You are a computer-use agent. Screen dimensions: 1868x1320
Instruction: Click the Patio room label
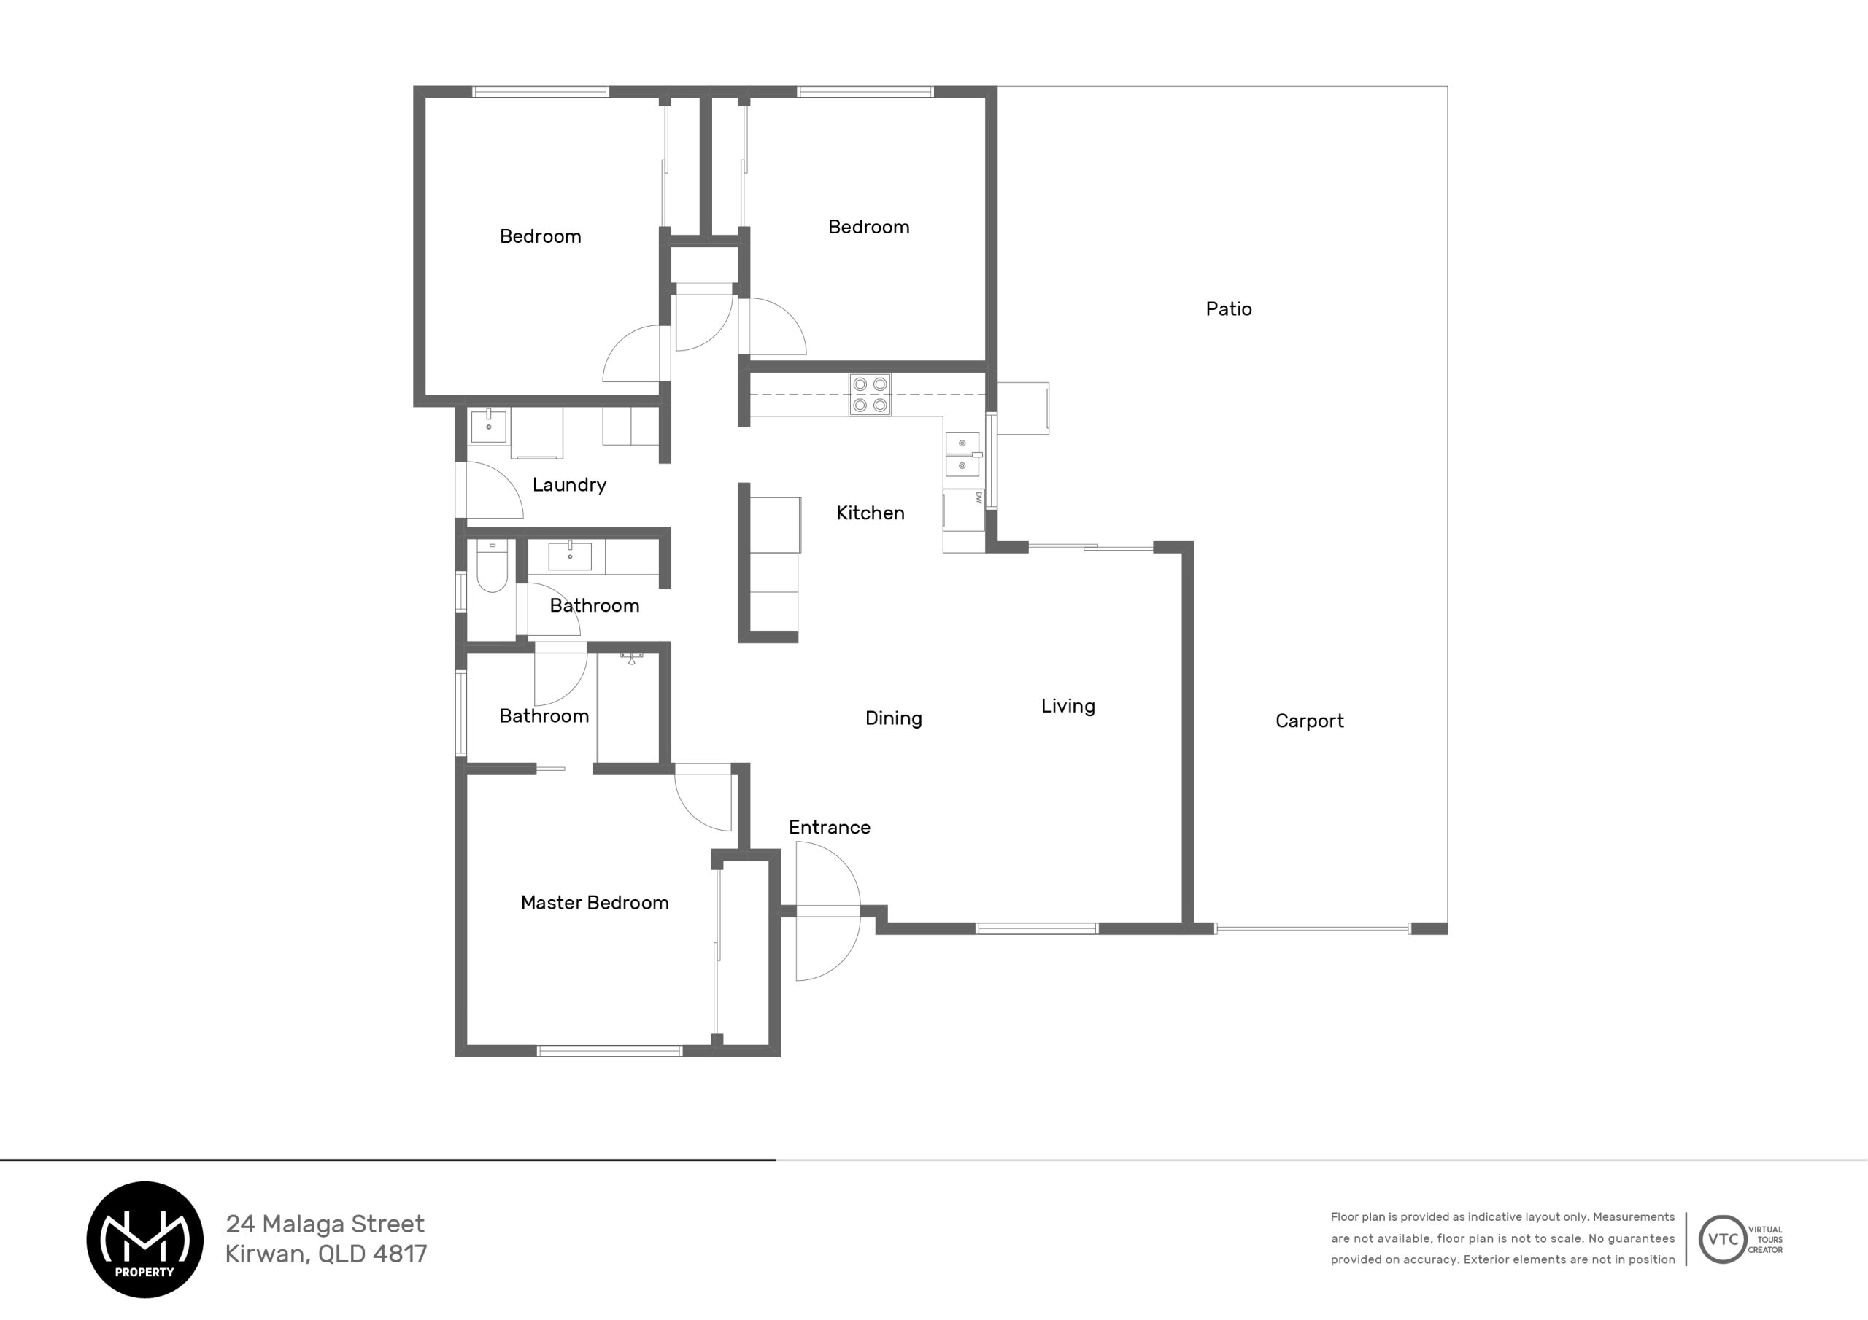[1229, 309]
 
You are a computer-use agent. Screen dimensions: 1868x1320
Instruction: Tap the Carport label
[1309, 721]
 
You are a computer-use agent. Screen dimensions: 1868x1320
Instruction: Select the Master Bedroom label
[595, 903]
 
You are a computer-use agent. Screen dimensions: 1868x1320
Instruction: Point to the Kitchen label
[871, 513]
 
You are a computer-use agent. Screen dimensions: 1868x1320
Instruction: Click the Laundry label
[569, 486]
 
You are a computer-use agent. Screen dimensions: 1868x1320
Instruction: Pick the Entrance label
[830, 827]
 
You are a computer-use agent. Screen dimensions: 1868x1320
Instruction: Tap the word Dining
[893, 719]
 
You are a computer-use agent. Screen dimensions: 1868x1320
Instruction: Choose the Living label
[1068, 706]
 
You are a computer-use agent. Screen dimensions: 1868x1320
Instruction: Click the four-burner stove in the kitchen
[870, 395]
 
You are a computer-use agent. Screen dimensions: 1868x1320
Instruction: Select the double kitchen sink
[962, 454]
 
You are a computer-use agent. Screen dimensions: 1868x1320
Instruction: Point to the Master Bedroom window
[609, 1051]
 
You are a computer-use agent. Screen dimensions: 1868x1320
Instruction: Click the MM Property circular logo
[144, 1240]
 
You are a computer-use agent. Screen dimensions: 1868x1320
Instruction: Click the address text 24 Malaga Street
[325, 1224]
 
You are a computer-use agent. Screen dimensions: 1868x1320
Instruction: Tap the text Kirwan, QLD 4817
[326, 1254]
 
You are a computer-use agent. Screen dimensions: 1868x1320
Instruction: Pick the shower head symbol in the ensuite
[631, 658]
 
